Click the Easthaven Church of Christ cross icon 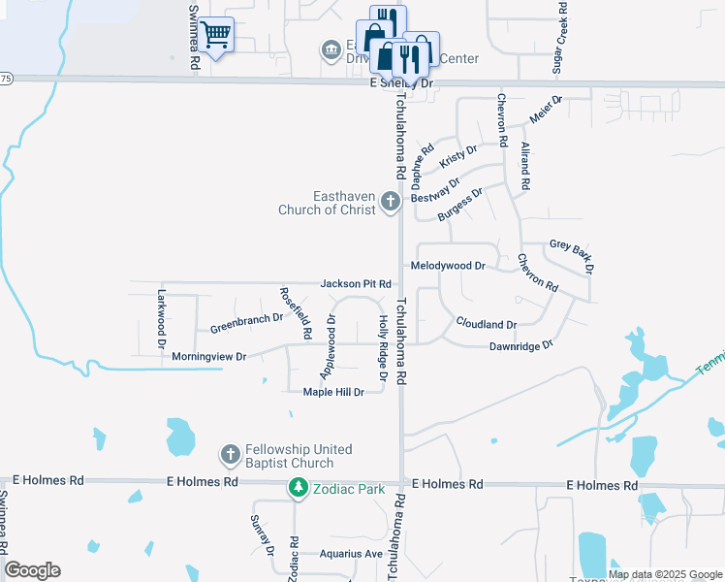point(391,202)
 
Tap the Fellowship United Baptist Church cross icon point(231,454)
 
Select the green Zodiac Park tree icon point(299,488)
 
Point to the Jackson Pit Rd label point(356,284)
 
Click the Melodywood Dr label point(448,266)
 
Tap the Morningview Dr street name point(209,357)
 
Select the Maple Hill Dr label point(332,392)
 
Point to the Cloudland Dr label point(486,324)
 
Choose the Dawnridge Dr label point(520,345)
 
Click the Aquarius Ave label point(352,555)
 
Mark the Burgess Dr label point(459,205)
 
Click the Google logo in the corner point(32,570)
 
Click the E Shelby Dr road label point(400,84)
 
